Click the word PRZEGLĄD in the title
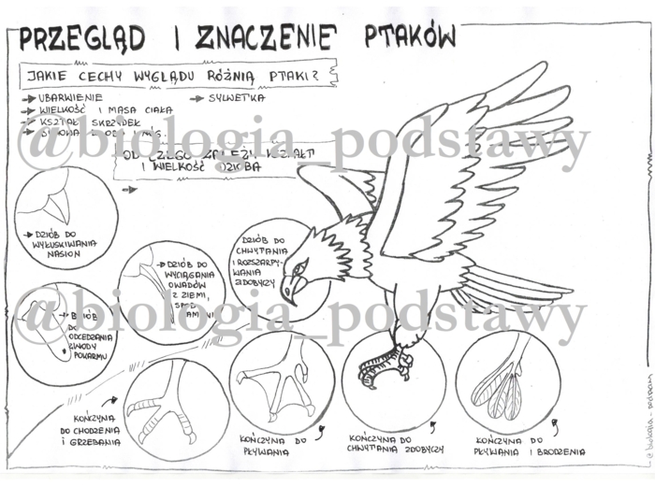[x=81, y=38]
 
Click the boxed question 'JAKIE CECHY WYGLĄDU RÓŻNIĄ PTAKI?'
[x=180, y=73]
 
